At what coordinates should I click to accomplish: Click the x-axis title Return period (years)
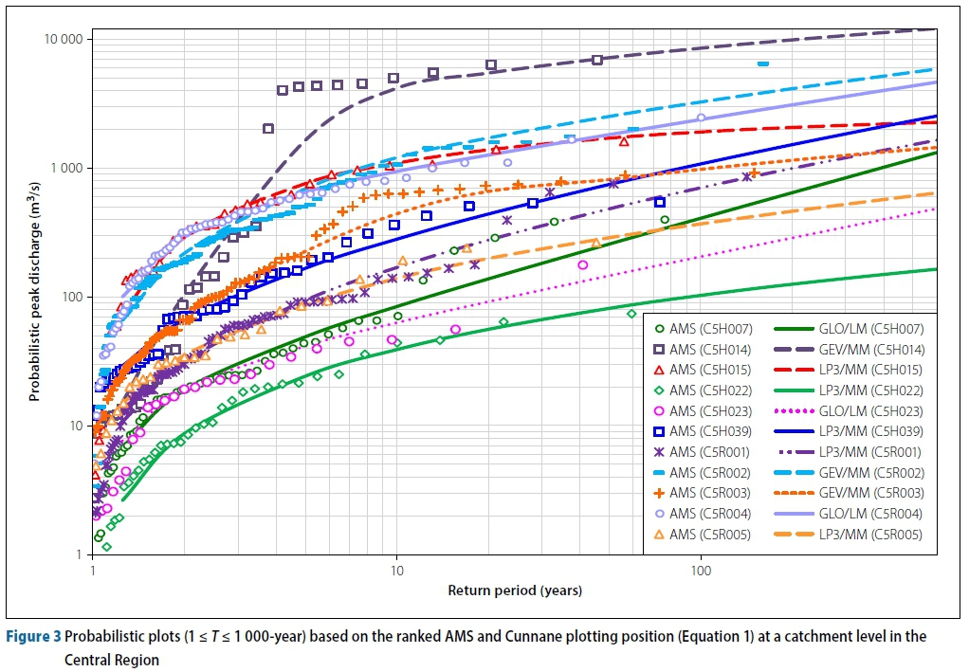(515, 590)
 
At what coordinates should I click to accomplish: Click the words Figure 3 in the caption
(34, 636)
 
